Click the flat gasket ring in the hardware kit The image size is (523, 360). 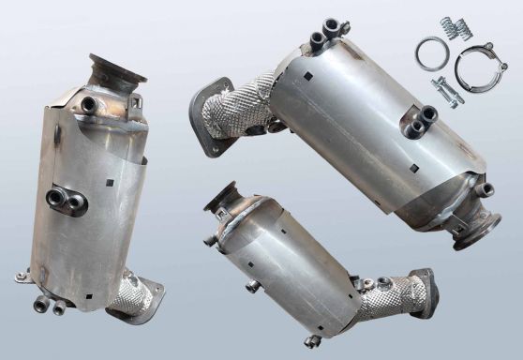click(x=431, y=53)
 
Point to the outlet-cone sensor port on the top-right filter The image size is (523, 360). click(x=486, y=189)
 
